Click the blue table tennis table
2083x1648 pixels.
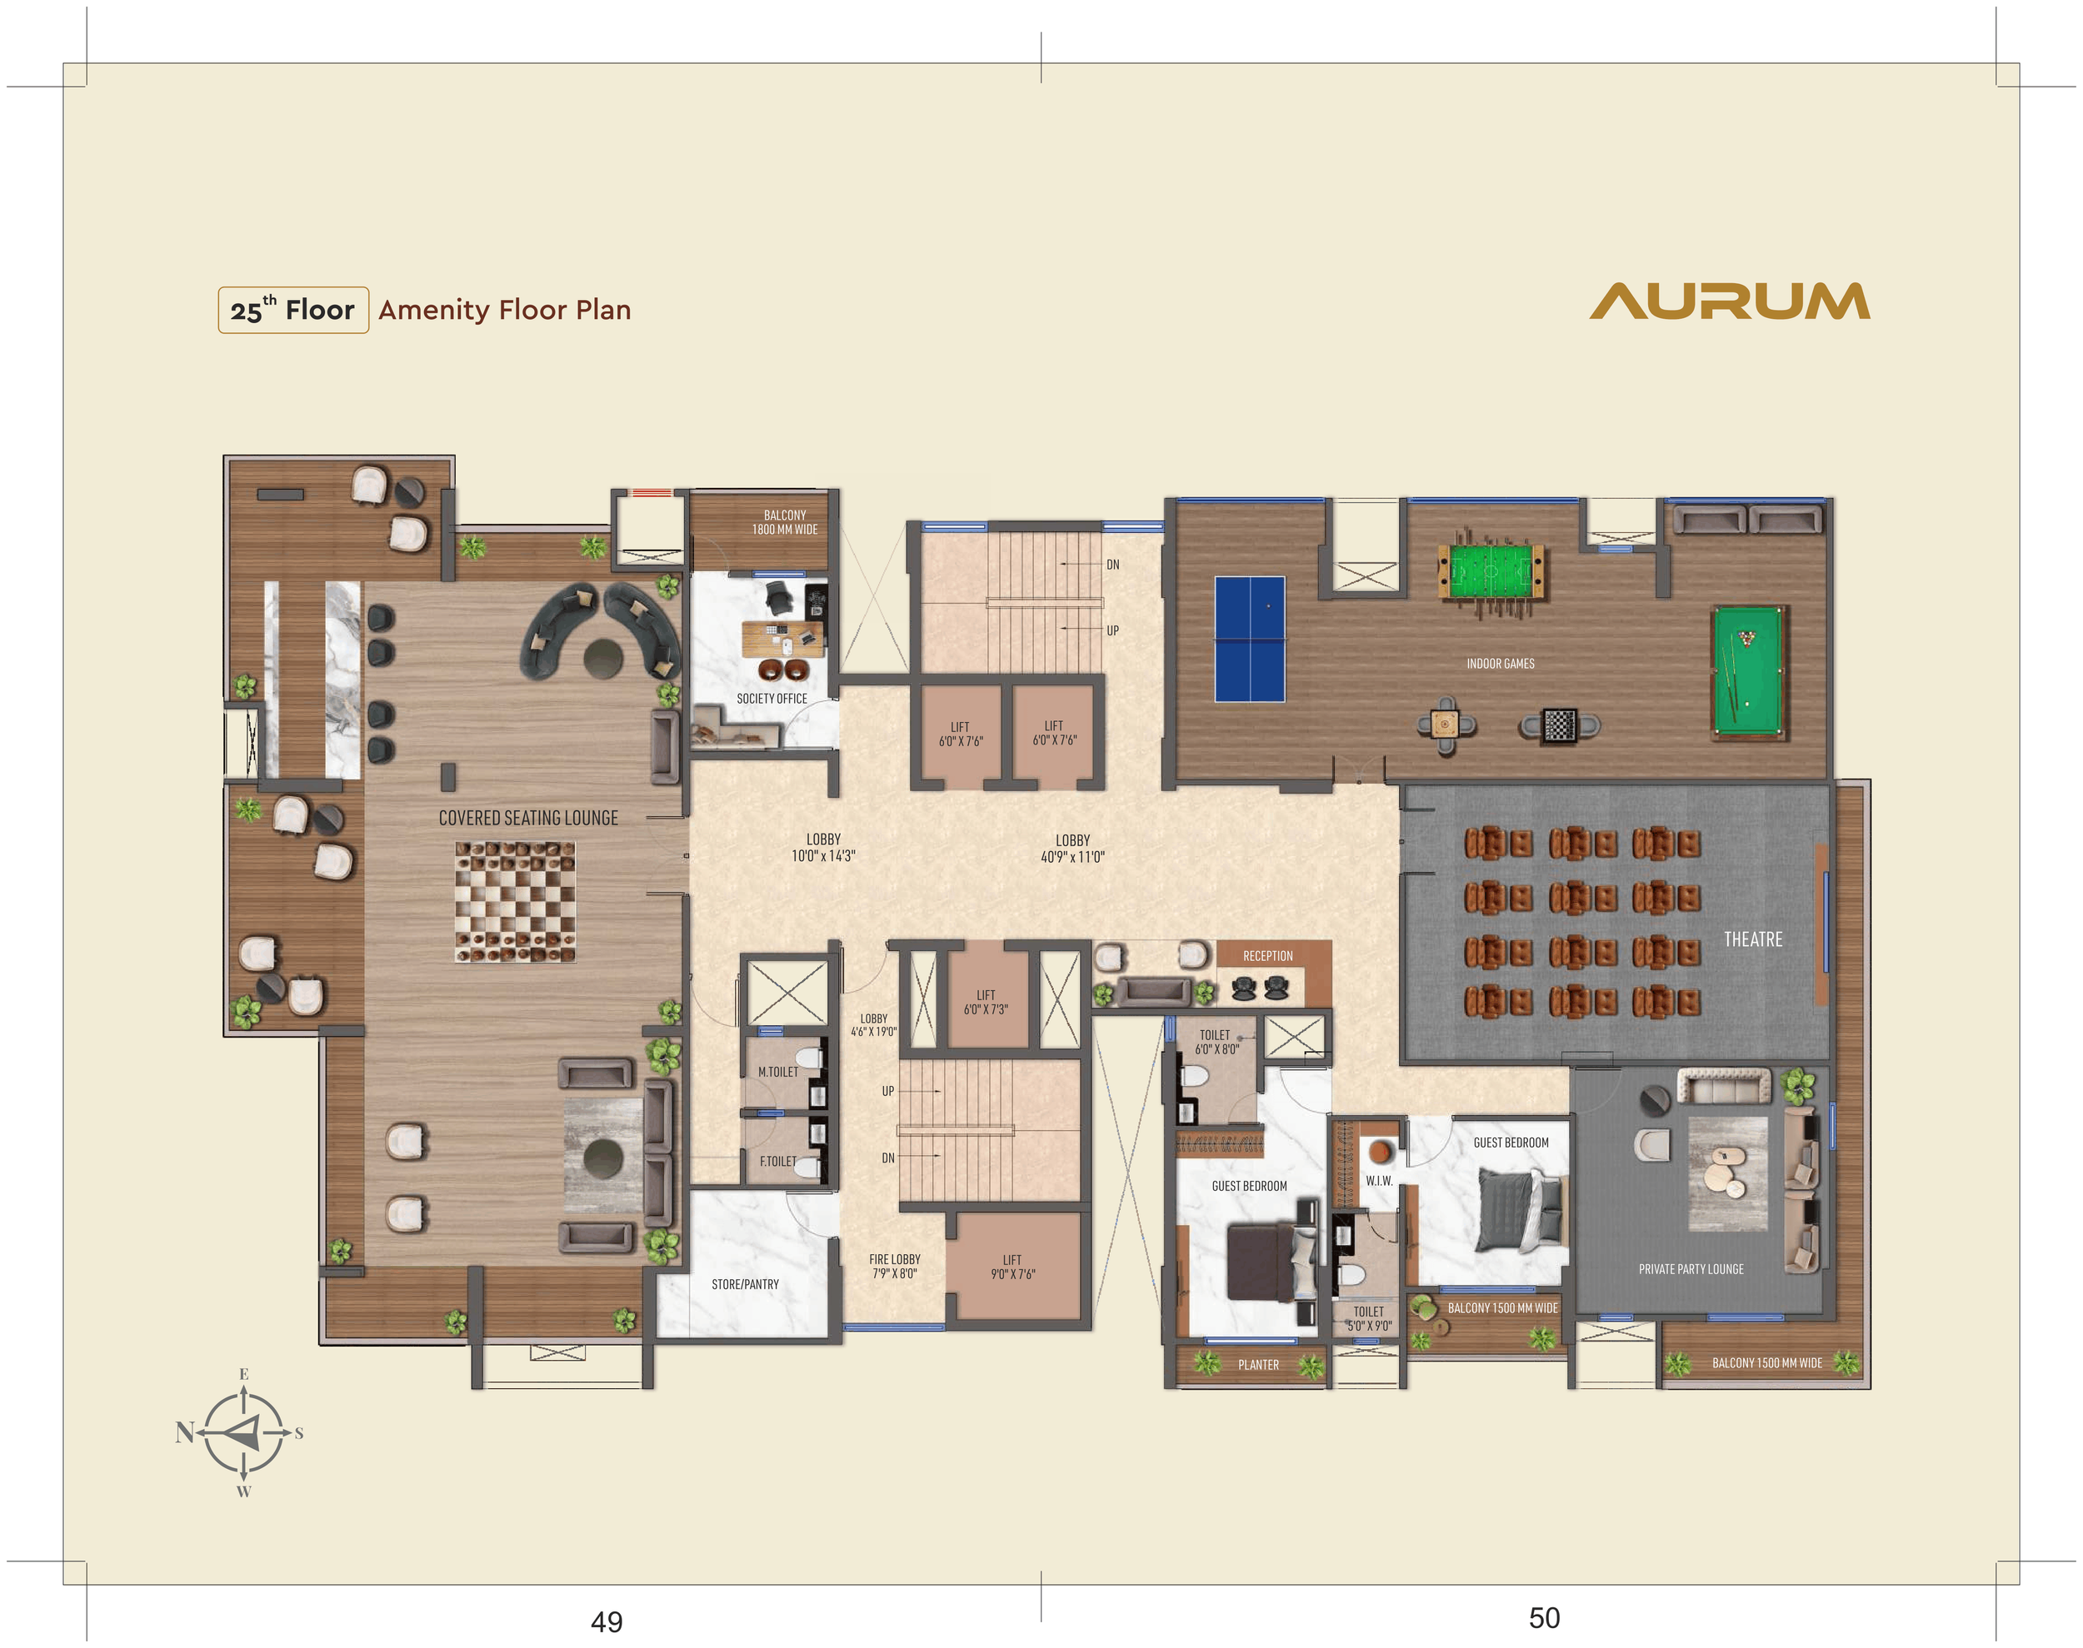pyautogui.click(x=1250, y=639)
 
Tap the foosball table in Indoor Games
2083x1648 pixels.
pyautogui.click(x=1491, y=572)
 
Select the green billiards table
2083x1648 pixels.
pyautogui.click(x=1748, y=670)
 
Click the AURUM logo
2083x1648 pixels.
pyautogui.click(x=1730, y=301)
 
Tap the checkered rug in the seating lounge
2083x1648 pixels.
pyautogui.click(x=516, y=902)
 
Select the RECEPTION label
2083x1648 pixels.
pyautogui.click(x=1267, y=955)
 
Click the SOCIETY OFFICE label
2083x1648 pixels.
pyautogui.click(x=772, y=699)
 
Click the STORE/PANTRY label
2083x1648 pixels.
pyautogui.click(x=744, y=1284)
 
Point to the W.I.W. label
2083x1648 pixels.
pyautogui.click(x=1378, y=1180)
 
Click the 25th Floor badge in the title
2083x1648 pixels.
pyautogui.click(x=293, y=310)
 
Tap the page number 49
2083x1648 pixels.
pyautogui.click(x=607, y=1622)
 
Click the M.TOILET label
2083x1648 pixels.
pyautogui.click(x=778, y=1072)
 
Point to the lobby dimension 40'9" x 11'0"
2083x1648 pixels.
pyautogui.click(x=1072, y=857)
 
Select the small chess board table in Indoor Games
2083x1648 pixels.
pyautogui.click(x=1559, y=724)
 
